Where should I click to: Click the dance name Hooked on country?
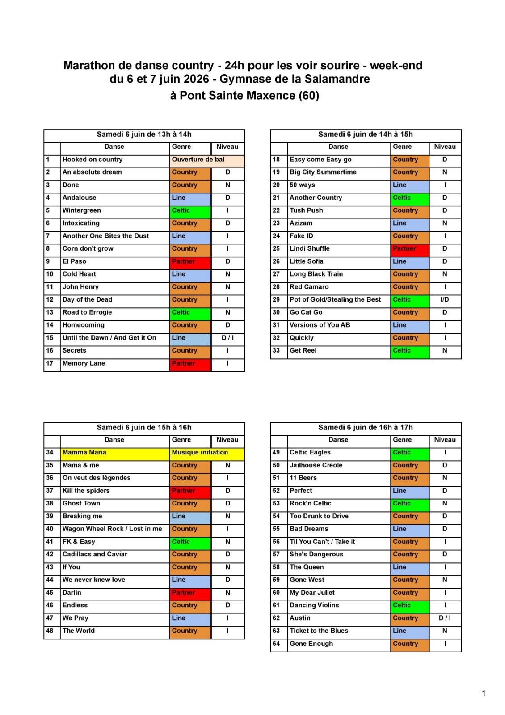tap(93, 160)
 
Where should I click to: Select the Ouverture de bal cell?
tap(206, 160)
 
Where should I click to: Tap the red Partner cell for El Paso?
tap(190, 261)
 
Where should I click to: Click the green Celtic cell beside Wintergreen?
tap(190, 210)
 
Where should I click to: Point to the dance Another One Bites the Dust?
tap(106, 236)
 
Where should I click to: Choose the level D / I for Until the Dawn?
tap(227, 338)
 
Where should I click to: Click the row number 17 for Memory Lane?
tap(50, 363)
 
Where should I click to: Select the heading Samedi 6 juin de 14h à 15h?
tap(365, 135)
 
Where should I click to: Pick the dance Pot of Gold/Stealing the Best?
tap(335, 299)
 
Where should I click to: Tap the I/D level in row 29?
tap(445, 299)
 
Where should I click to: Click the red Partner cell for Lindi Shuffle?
tap(409, 248)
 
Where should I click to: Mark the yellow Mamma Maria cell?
tap(114, 452)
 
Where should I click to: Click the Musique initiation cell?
tap(206, 452)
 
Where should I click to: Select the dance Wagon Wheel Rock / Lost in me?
tap(112, 529)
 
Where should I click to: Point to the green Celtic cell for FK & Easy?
tap(190, 542)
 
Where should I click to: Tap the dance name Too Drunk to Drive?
tap(319, 516)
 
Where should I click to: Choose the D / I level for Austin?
tap(445, 618)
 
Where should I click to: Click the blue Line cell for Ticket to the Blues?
tap(409, 631)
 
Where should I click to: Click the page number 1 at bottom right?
tap(484, 693)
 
